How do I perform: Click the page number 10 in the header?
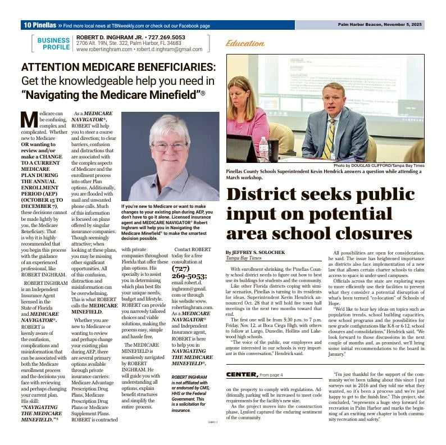28,25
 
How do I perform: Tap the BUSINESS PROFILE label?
53,44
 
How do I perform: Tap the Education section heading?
245,43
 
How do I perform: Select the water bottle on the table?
263,148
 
